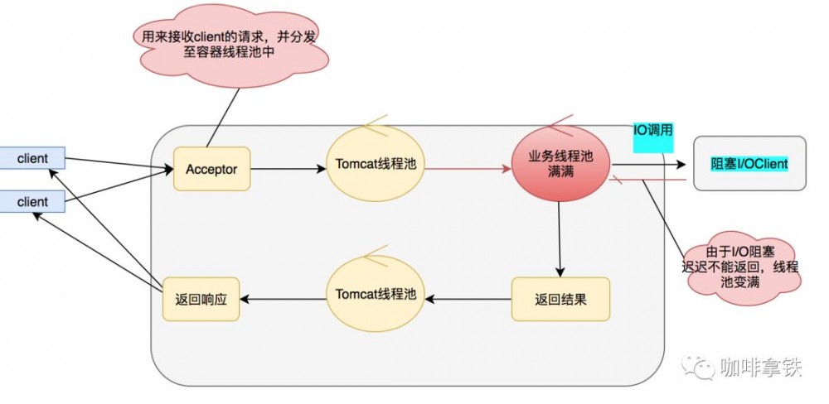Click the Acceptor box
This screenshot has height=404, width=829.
coord(211,169)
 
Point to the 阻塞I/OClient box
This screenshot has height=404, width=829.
coord(749,164)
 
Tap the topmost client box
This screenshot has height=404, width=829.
coord(32,158)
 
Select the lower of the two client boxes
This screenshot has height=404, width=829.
coord(32,201)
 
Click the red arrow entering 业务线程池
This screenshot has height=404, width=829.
coord(468,169)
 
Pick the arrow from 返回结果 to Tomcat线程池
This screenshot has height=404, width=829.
coord(468,299)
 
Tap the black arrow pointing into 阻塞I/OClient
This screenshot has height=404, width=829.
coord(647,164)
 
